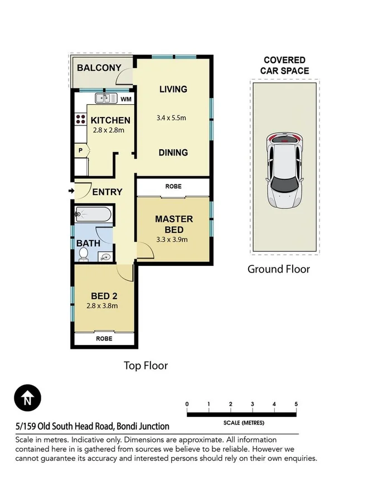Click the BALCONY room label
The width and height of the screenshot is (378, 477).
tap(99, 68)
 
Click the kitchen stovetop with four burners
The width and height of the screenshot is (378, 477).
tap(80, 119)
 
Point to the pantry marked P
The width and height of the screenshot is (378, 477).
tap(80, 150)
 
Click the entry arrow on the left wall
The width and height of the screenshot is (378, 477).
tap(71, 192)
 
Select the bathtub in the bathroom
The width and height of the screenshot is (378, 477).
tap(93, 214)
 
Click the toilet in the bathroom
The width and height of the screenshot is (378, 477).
tap(84, 255)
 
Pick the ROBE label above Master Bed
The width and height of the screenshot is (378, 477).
tap(173, 187)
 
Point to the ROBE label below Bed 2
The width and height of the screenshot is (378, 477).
tap(104, 338)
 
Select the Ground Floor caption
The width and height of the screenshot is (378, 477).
tap(278, 269)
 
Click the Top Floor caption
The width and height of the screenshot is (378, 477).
tap(145, 366)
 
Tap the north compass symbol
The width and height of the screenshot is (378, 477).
tap(27, 399)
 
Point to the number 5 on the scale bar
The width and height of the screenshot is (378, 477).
tap(296, 404)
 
